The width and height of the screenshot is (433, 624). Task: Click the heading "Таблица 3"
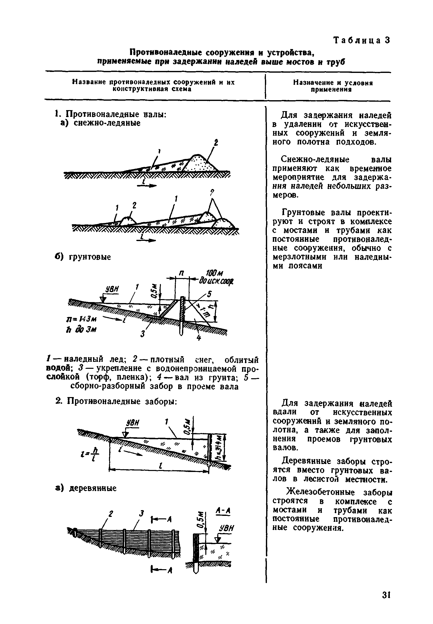click(x=361, y=40)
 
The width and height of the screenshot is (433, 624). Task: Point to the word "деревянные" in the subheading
click(x=93, y=488)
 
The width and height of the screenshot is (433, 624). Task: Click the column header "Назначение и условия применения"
click(x=333, y=86)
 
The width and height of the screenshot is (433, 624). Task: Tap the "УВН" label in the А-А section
click(x=226, y=528)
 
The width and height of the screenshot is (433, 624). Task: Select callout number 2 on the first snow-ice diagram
click(x=216, y=143)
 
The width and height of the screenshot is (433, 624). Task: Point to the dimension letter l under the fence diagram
click(x=161, y=466)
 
